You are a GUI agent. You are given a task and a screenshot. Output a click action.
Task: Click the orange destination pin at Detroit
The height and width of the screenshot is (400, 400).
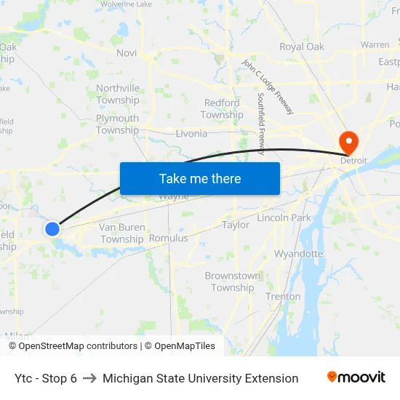click(x=348, y=140)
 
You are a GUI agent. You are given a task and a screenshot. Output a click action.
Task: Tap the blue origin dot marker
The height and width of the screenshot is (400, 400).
click(x=52, y=229)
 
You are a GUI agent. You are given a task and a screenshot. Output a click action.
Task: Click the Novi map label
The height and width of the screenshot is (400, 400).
click(x=127, y=53)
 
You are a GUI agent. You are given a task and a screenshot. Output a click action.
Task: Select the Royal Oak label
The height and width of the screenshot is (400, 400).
click(x=302, y=47)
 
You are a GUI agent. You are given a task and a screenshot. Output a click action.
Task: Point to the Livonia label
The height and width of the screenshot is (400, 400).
click(x=191, y=134)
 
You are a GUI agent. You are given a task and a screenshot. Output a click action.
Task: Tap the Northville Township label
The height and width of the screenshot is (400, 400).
click(x=118, y=95)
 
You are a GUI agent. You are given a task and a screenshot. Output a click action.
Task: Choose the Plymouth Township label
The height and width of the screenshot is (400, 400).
click(x=117, y=124)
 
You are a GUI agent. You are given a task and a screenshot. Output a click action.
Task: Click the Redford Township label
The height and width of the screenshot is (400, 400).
click(x=223, y=109)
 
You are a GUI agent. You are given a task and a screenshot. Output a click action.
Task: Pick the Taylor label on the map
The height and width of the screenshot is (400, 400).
click(x=236, y=225)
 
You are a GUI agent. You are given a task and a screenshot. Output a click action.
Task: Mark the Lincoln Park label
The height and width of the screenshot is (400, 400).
click(x=284, y=217)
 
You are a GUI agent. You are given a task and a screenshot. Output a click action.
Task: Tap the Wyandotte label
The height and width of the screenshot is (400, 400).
click(x=298, y=254)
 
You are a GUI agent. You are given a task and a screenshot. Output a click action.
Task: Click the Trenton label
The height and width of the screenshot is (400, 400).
click(x=283, y=297)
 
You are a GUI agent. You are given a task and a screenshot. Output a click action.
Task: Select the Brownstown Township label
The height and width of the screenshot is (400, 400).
click(x=233, y=281)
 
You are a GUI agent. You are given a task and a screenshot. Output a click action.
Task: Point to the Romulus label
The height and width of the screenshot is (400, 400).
click(x=168, y=238)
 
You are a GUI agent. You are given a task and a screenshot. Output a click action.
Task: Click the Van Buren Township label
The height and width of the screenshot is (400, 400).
click(x=121, y=233)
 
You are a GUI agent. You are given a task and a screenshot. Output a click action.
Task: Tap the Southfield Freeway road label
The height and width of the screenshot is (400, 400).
click(x=262, y=124)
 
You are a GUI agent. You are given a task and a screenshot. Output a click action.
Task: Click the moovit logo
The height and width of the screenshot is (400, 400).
click(x=356, y=377)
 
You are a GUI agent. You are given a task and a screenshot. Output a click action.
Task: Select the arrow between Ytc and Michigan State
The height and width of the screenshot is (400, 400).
click(x=89, y=378)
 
